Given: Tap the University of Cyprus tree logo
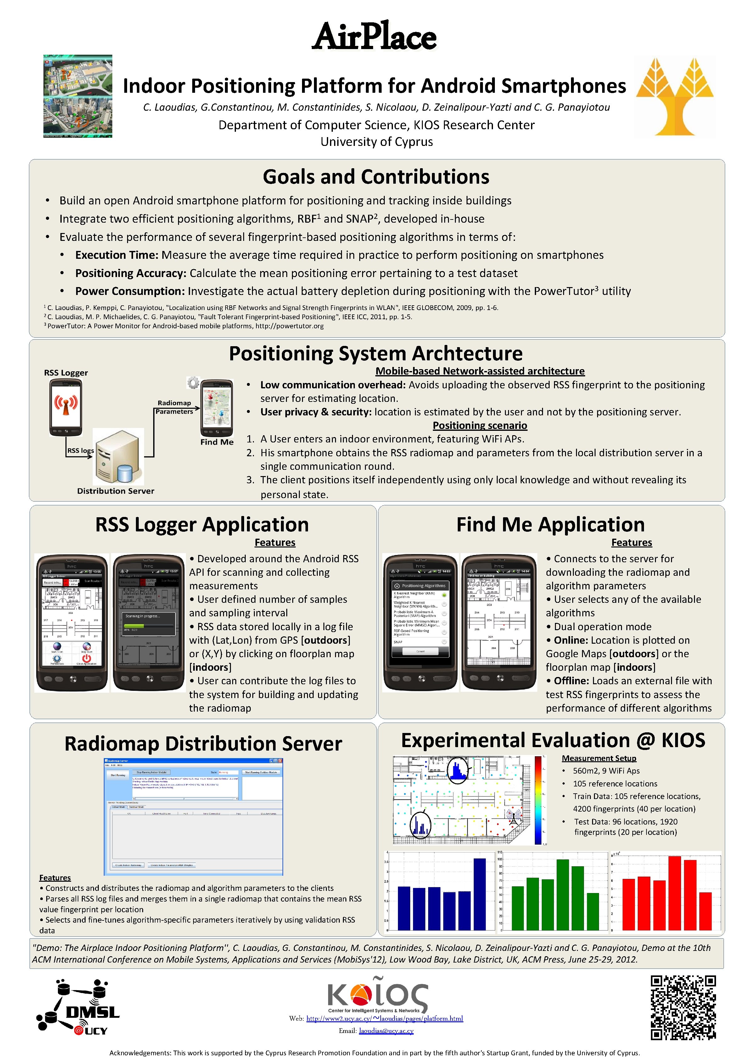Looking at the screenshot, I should pyautogui.click(x=675, y=96).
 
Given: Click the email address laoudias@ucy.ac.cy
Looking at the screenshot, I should pyautogui.click(x=386, y=1030).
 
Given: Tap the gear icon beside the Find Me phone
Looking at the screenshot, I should pyautogui.click(x=193, y=383).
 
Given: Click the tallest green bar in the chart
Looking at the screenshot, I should pyautogui.click(x=562, y=894).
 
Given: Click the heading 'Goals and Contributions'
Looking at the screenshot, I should pyautogui.click(x=376, y=177).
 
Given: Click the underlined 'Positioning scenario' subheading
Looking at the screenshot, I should pyautogui.click(x=480, y=425).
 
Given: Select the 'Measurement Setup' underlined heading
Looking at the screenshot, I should pyautogui.click(x=599, y=758).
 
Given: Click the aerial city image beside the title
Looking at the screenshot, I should pyautogui.click(x=78, y=96).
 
